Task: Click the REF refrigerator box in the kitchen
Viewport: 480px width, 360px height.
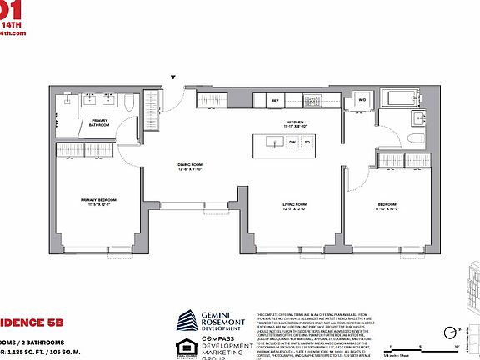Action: click(x=276, y=100)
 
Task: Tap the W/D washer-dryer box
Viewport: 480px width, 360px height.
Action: click(x=362, y=100)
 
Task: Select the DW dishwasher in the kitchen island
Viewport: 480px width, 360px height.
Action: click(x=292, y=142)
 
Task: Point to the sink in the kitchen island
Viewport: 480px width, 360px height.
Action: click(x=273, y=142)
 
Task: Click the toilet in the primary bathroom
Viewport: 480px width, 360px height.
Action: click(x=130, y=104)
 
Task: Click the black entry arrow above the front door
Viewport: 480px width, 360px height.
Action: click(x=173, y=77)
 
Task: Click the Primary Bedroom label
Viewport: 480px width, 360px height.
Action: click(x=98, y=201)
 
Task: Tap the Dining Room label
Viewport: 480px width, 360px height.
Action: click(x=190, y=167)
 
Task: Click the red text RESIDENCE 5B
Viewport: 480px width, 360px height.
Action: click(x=25, y=319)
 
